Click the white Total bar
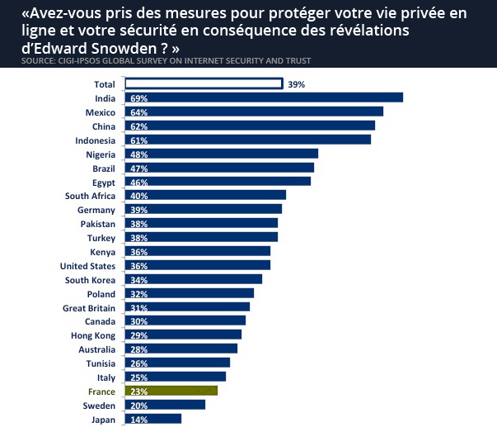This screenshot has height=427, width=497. tap(203, 83)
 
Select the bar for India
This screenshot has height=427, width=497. tap(264, 97)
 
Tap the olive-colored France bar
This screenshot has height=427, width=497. tap(171, 391)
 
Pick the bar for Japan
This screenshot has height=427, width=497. tap(153, 419)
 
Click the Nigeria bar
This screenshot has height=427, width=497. tap(221, 154)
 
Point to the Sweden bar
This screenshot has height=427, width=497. tap(165, 405)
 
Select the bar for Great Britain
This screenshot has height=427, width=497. tap(187, 307)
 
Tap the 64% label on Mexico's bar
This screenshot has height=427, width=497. tap(138, 112)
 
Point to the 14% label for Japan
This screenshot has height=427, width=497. tap(138, 420)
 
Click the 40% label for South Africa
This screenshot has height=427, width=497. tap(138, 196)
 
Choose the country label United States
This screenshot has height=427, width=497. tap(87, 266)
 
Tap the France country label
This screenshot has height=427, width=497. tap(101, 391)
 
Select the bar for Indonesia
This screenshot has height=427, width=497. tap(247, 140)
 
